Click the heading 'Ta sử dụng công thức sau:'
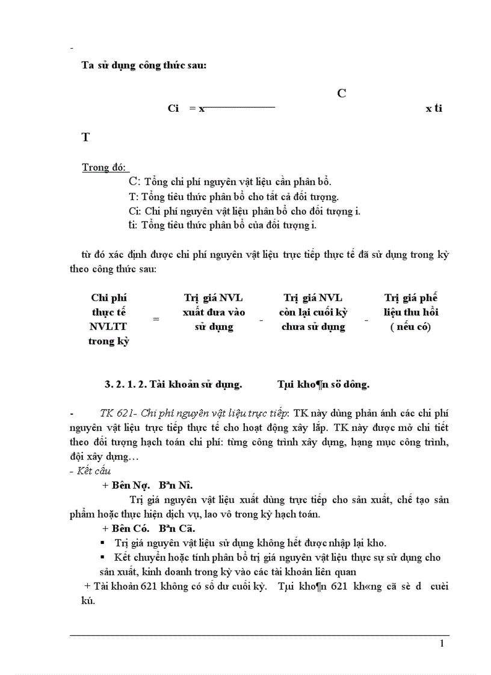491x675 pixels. point(144,66)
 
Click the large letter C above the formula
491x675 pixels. point(341,94)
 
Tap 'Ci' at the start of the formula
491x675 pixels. point(174,109)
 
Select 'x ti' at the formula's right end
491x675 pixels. point(433,109)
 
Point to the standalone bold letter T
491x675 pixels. point(86,138)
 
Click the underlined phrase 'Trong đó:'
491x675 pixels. point(105,168)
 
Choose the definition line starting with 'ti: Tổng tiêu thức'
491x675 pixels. point(222,225)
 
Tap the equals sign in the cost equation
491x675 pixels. point(156,319)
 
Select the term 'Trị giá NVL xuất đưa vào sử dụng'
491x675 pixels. point(214,313)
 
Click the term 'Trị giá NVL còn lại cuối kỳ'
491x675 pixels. point(313,313)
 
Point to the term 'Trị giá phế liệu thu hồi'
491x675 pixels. point(411,313)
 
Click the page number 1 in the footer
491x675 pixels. point(442,644)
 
